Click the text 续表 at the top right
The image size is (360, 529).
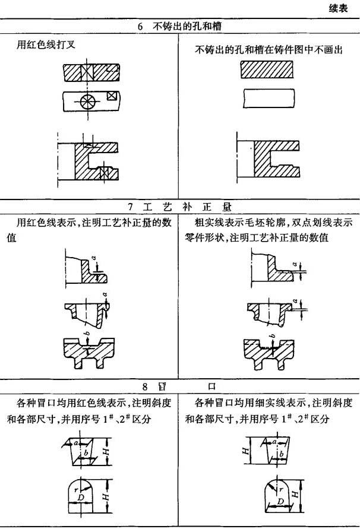(339, 8)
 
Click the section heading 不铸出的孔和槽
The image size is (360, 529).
(187, 26)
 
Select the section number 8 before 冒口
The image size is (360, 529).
(144, 387)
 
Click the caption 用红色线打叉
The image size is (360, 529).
(46, 45)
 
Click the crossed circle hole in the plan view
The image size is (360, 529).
(87, 100)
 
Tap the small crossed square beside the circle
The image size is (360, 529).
(110, 96)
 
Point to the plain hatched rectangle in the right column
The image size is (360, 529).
(267, 69)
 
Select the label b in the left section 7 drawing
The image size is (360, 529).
(88, 334)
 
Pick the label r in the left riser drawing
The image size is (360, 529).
(75, 490)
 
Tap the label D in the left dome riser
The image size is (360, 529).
(80, 498)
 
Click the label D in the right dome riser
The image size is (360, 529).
(280, 501)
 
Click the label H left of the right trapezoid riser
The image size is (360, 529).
(246, 451)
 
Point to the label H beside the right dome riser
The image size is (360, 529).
(295, 495)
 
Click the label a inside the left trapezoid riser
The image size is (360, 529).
(76, 442)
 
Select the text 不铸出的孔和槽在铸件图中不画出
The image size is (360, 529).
(269, 50)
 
